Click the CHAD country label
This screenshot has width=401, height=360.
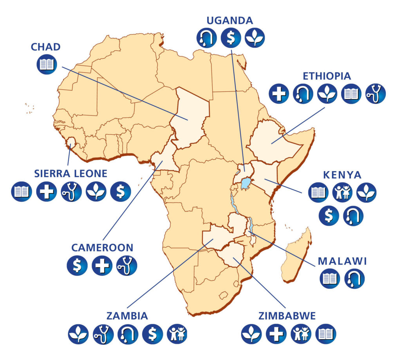click(46, 47)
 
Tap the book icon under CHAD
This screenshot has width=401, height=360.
click(47, 64)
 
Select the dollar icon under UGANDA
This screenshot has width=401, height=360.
click(231, 38)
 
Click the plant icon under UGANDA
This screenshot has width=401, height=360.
click(255, 38)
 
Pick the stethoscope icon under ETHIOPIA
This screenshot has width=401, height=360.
click(376, 94)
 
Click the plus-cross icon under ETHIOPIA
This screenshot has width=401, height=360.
click(279, 94)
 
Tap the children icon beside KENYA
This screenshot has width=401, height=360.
click(342, 193)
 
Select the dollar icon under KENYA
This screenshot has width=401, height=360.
click(329, 216)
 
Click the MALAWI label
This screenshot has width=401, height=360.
click(342, 261)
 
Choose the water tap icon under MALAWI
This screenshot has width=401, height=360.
click(354, 279)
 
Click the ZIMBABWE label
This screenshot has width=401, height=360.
click(287, 316)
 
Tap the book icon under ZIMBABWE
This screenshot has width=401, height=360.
click(325, 334)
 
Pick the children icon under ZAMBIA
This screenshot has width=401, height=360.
click(177, 334)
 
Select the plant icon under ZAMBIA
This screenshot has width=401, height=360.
click(78, 334)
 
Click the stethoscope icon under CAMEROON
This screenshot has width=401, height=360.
click(126, 265)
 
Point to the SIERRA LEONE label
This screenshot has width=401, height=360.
click(70, 174)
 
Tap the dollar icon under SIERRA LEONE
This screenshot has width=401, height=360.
click(121, 192)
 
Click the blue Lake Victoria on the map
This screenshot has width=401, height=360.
click(245, 182)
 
